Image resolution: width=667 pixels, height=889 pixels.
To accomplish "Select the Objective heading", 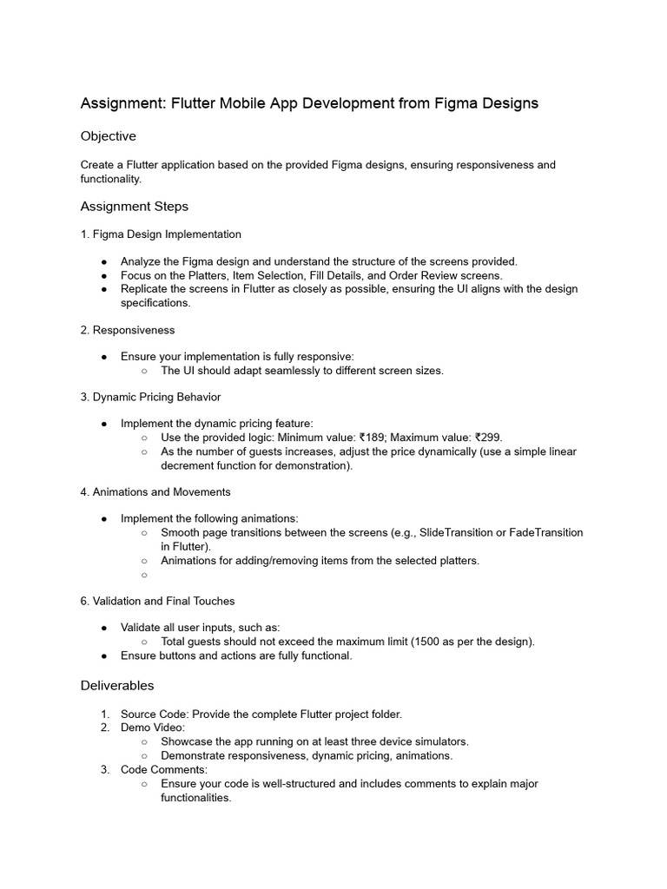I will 109,136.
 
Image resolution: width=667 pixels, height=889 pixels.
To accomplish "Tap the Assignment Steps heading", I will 135,207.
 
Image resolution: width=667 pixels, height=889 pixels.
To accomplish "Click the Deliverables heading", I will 117,686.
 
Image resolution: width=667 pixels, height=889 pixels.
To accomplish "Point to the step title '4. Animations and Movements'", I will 155,492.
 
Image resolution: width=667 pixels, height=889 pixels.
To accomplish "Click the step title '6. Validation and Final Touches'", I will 158,601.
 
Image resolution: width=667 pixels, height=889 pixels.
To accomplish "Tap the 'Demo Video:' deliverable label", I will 153,728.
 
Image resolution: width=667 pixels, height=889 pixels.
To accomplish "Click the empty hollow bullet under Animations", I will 144,575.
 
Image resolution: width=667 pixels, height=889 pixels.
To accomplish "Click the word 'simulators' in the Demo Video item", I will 439,741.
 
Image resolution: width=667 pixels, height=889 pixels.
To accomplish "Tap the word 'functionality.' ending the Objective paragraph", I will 111,179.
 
